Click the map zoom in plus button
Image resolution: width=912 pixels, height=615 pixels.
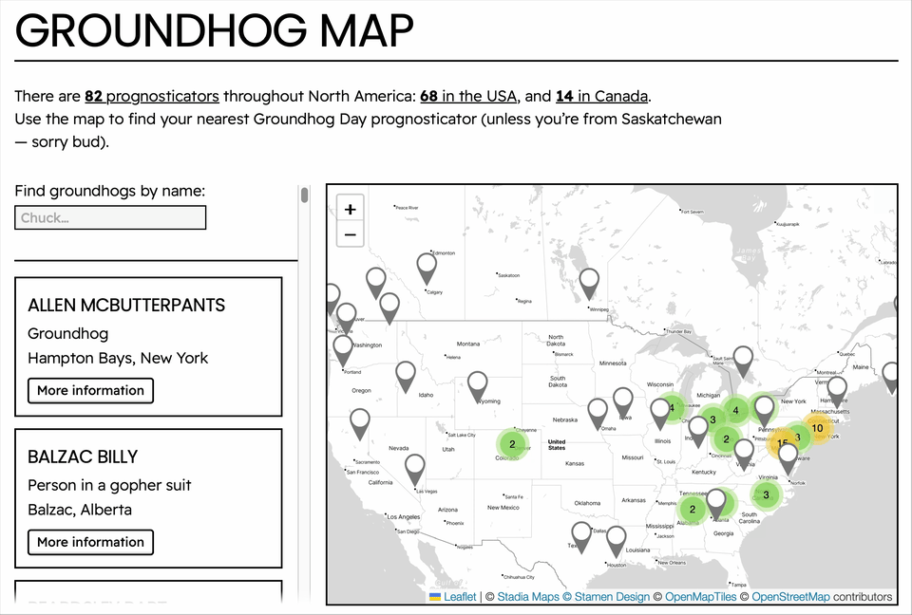[x=351, y=210]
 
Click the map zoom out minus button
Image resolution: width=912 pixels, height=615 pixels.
[x=351, y=234]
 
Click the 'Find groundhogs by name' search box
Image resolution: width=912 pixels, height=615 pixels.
[x=110, y=218]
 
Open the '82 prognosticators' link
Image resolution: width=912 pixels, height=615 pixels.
[x=152, y=96]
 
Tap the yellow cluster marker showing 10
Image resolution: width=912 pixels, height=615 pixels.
[x=817, y=428]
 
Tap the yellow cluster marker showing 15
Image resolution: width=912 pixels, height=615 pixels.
[x=782, y=442]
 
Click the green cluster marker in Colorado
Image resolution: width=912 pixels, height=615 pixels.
[x=512, y=443]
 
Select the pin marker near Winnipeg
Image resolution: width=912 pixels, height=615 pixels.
[x=589, y=282]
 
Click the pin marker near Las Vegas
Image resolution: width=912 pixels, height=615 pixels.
[x=414, y=468]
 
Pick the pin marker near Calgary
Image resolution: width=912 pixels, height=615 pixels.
[x=427, y=267]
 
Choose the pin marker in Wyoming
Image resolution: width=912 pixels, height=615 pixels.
[x=477, y=384]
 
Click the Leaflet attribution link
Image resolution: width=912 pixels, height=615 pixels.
[x=460, y=597]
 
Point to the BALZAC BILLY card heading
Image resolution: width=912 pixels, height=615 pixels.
[x=83, y=457]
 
